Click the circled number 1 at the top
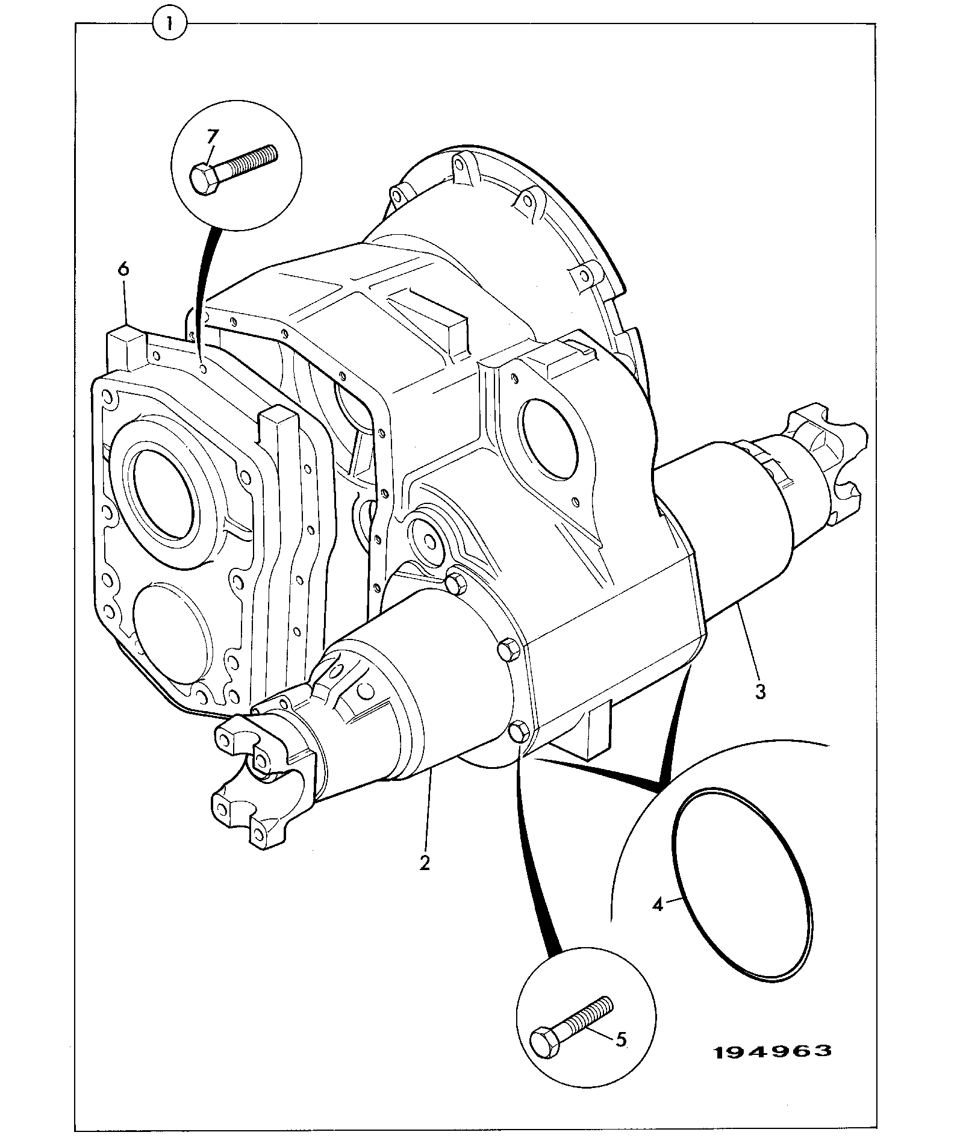click(170, 24)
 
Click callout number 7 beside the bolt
click(211, 137)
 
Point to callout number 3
click(761, 692)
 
